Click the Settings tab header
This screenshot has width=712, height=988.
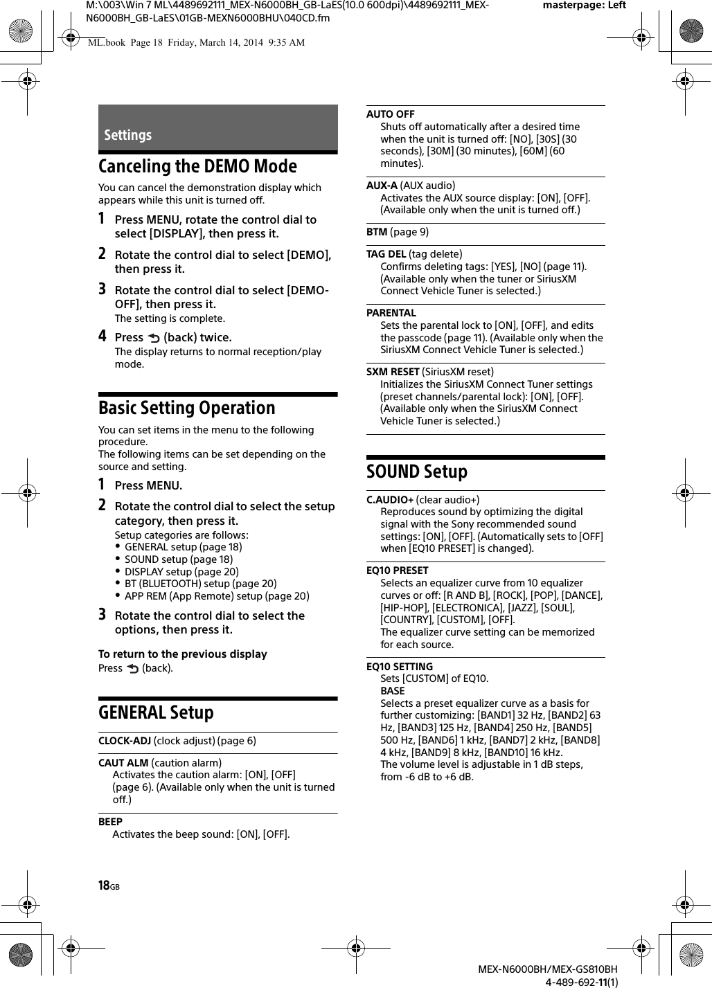pyautogui.click(x=128, y=135)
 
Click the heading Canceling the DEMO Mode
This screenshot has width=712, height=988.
pyautogui.click(x=197, y=166)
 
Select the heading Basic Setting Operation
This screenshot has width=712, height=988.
pyautogui.click(x=187, y=408)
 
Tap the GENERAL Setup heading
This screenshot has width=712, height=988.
pyautogui.click(x=156, y=712)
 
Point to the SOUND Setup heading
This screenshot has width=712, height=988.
pyautogui.click(x=417, y=471)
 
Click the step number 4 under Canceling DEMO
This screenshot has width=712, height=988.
pyautogui.click(x=102, y=337)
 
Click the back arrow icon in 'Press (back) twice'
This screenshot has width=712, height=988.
pyautogui.click(x=153, y=338)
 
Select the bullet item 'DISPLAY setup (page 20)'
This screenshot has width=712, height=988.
pyautogui.click(x=181, y=571)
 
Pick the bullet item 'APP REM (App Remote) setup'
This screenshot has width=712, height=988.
pyautogui.click(x=217, y=596)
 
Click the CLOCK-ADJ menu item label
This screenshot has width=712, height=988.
pyautogui.click(x=125, y=741)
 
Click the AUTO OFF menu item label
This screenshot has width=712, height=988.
pyautogui.click(x=391, y=114)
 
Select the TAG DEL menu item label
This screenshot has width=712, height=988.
pyautogui.click(x=386, y=254)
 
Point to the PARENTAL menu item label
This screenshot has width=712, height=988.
pyautogui.click(x=391, y=313)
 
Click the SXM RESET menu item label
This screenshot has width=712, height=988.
pyautogui.click(x=393, y=372)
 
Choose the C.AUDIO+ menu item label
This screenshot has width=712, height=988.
pyautogui.click(x=390, y=500)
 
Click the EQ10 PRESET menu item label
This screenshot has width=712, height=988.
pyautogui.click(x=398, y=571)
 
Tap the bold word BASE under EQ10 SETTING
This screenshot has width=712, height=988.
pyautogui.click(x=393, y=691)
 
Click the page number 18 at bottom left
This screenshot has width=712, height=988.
pyautogui.click(x=105, y=886)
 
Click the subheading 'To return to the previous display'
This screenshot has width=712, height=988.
pyautogui.click(x=183, y=654)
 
